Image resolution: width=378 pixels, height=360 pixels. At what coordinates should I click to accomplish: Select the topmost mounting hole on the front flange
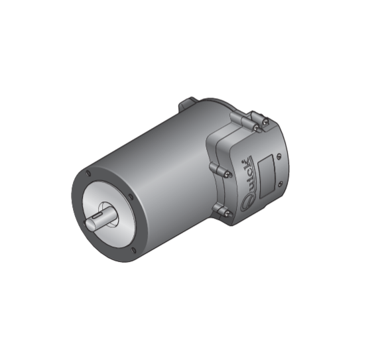pos(88,173)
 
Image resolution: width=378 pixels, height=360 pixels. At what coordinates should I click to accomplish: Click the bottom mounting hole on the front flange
pos(133,250)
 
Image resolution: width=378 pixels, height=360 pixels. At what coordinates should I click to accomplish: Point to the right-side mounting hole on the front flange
pos(131,196)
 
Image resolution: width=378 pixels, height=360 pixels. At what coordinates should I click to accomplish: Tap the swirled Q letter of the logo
pos(245,204)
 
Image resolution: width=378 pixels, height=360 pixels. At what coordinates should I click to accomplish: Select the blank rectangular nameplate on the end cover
pos(267,176)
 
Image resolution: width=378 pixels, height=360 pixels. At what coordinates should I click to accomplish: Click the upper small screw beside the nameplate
pos(279,156)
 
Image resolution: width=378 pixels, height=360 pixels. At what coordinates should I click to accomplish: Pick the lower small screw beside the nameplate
pos(280,184)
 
